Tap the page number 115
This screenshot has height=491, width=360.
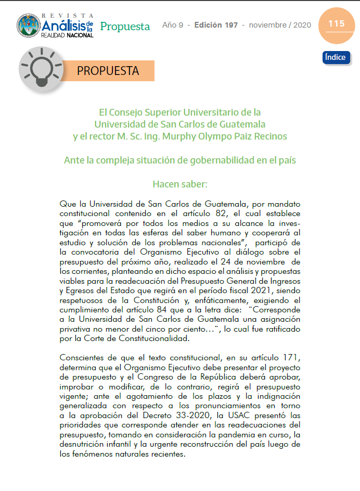[x=336, y=24]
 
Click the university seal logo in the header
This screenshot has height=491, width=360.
[x=29, y=26]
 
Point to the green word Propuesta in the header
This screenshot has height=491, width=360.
[x=125, y=26]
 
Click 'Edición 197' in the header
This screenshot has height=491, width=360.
[x=216, y=25]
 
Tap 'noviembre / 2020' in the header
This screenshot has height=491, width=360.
[x=280, y=25]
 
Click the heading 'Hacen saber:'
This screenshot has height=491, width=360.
[x=180, y=184]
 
